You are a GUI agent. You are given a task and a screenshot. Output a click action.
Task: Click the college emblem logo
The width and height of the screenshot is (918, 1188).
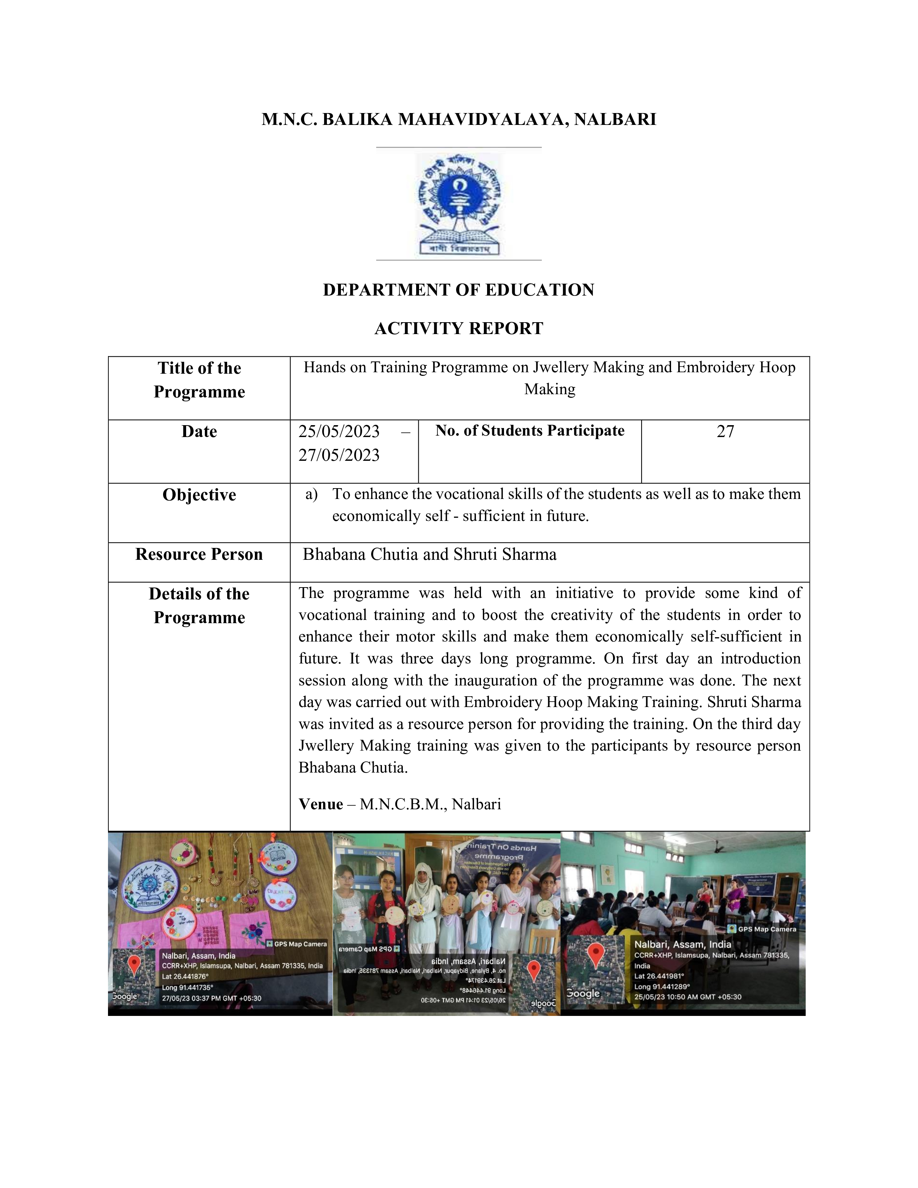click(x=458, y=204)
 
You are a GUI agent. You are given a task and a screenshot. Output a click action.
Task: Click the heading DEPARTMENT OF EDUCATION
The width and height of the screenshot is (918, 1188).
click(x=458, y=290)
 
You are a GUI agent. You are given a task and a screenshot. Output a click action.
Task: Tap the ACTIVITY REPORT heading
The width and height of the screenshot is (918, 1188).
click(x=458, y=329)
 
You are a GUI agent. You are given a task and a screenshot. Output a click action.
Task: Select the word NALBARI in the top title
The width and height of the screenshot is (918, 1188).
click(x=615, y=120)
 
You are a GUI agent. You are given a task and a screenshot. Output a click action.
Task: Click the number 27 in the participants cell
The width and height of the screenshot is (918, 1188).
click(x=725, y=431)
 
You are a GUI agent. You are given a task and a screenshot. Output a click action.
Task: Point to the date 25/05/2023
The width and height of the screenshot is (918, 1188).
click(x=339, y=431)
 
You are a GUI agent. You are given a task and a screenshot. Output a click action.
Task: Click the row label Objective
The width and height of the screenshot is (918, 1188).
click(x=199, y=495)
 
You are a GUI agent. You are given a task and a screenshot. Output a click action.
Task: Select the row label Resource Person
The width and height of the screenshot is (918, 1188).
click(x=199, y=554)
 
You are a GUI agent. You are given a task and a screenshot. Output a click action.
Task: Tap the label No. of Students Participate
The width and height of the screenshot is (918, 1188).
click(x=530, y=431)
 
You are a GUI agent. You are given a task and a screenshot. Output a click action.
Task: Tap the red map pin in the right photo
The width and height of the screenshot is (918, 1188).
click(x=597, y=955)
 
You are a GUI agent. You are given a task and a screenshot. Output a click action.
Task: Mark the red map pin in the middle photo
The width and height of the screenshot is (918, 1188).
click(x=534, y=969)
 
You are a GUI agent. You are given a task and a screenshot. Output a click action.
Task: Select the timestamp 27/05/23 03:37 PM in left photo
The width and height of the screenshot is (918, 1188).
click(x=212, y=998)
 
